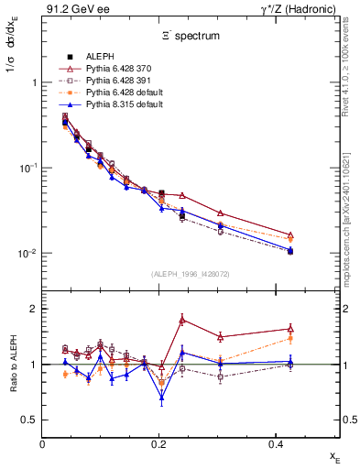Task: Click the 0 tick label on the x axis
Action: click(x=43, y=443)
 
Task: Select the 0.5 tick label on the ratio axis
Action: click(x=28, y=420)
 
